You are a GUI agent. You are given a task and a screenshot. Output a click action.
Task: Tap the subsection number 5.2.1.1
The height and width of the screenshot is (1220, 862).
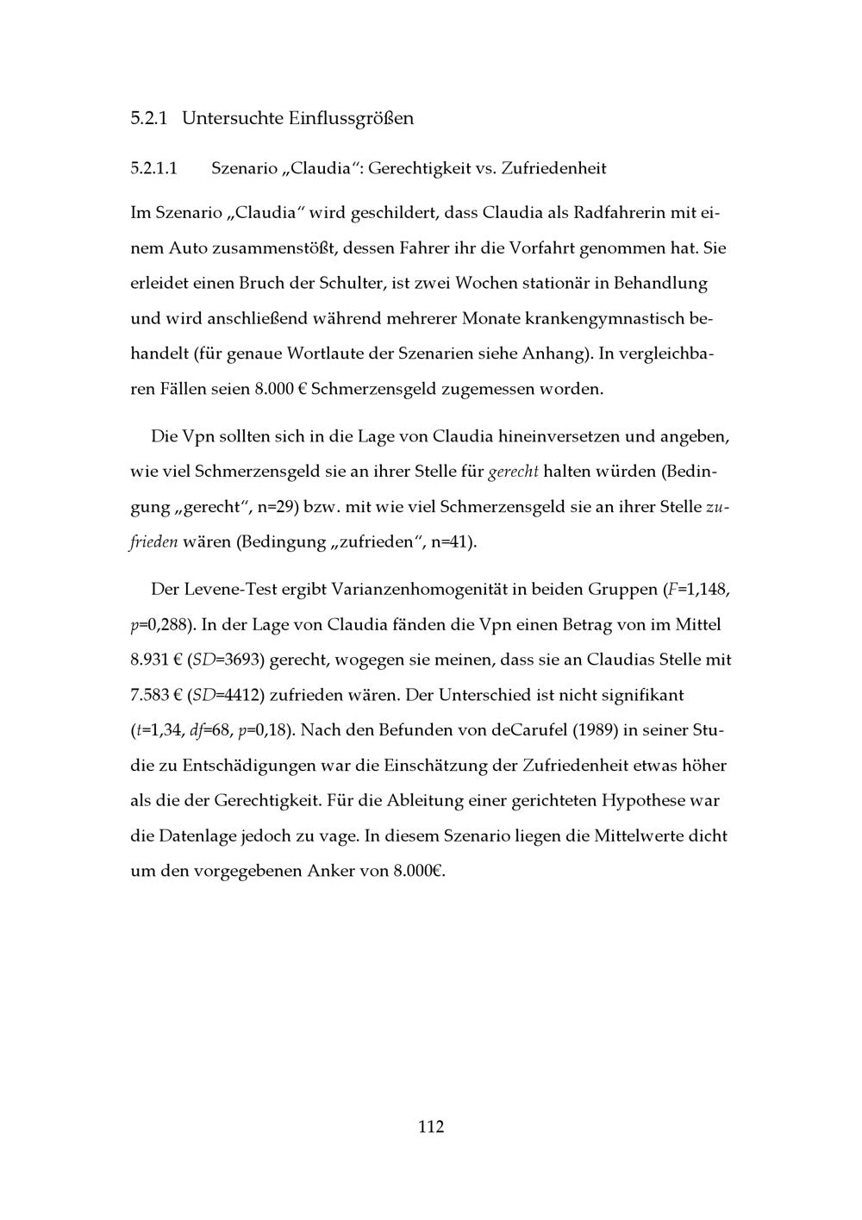[x=154, y=168]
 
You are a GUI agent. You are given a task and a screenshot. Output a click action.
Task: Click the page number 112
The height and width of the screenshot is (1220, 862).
[x=431, y=1126]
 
